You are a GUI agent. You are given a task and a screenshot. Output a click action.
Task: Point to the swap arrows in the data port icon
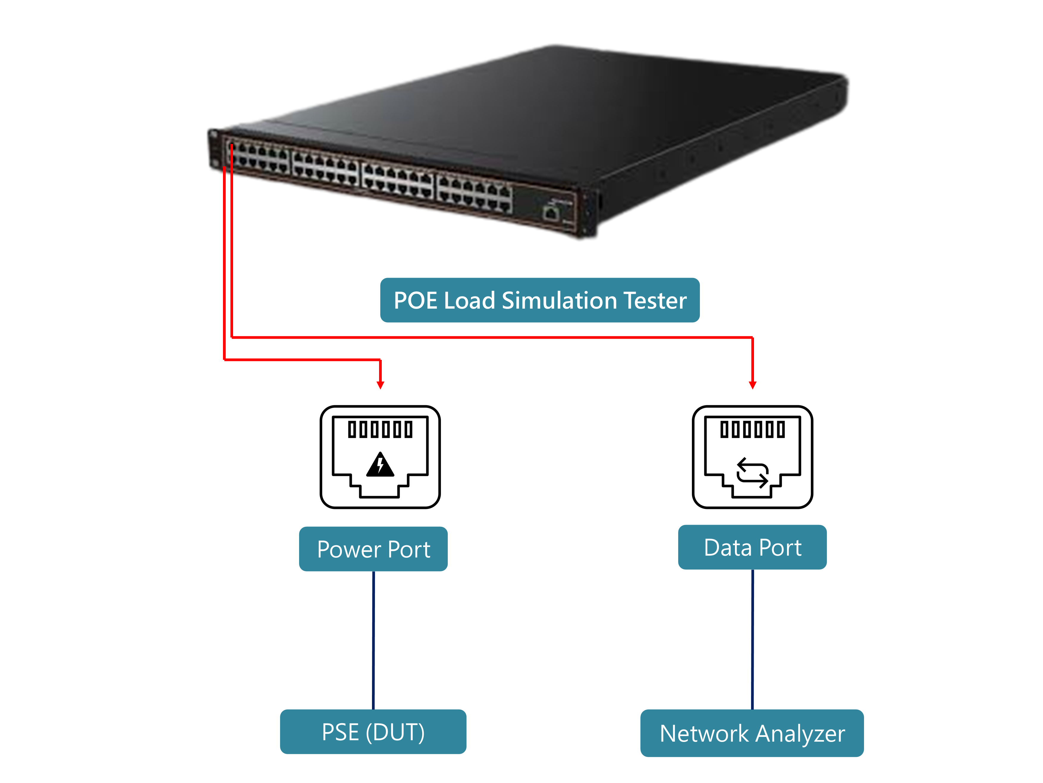point(752,472)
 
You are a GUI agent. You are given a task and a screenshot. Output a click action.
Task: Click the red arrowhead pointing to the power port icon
point(381,385)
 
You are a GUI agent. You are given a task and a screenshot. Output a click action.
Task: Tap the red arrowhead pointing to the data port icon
point(753,385)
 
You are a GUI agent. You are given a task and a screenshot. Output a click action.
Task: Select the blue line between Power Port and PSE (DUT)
point(373,640)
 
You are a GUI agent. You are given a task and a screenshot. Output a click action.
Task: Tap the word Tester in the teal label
point(655,300)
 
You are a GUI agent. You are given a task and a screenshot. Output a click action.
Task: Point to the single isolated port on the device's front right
point(550,214)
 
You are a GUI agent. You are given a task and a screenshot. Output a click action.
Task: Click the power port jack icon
point(380,457)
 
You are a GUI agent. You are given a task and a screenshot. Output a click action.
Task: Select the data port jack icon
point(752,457)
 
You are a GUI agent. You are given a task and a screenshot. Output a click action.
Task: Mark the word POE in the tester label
point(415,300)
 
